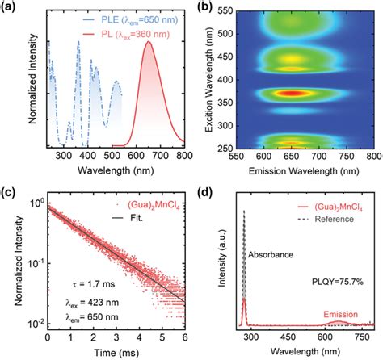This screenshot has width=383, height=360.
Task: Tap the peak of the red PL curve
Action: [x=148, y=43]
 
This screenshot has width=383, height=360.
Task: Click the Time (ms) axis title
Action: [x=114, y=353]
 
